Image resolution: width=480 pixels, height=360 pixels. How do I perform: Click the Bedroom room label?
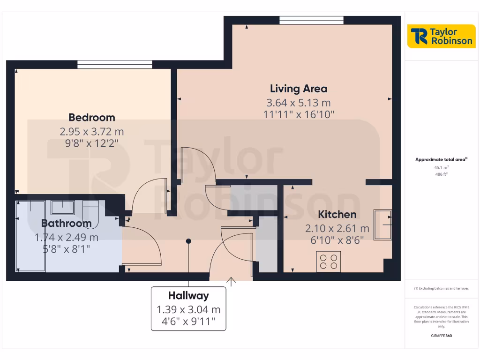92,117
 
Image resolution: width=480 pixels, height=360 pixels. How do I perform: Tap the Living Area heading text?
299,88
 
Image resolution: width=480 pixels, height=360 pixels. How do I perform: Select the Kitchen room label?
337,214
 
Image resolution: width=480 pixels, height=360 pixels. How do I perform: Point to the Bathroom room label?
66,223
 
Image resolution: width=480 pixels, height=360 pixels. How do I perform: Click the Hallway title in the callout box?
188,296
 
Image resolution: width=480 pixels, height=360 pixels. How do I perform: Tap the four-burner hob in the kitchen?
329,262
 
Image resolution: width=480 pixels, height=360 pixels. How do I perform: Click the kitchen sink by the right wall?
382,225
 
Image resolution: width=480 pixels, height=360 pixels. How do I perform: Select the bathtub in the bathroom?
30,236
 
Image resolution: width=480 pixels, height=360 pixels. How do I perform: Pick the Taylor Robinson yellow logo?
441,36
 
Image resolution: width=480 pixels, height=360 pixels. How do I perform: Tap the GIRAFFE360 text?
441,336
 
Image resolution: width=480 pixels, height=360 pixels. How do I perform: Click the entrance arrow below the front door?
231,281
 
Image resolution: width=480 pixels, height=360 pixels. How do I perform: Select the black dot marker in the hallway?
188,241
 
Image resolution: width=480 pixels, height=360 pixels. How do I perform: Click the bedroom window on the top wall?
115,64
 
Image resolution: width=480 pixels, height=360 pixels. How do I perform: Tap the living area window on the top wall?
312,20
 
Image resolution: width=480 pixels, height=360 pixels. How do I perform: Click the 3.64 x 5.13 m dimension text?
299,102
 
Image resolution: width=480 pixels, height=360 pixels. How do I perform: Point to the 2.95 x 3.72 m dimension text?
92,132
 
